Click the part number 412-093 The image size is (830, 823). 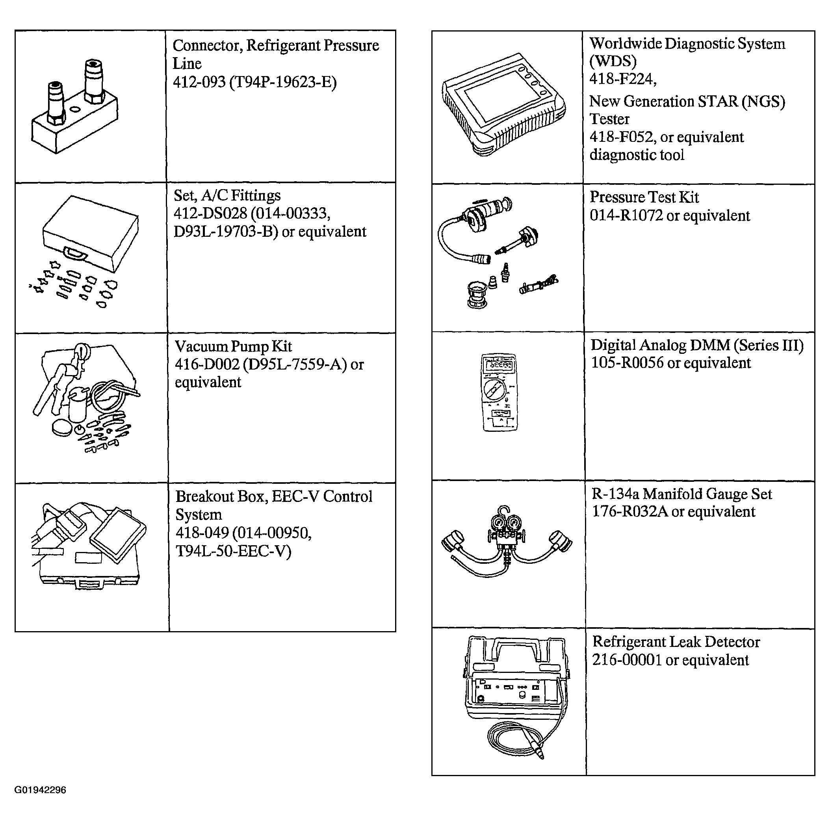199,82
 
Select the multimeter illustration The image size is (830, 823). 499,392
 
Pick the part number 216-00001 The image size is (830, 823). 627,660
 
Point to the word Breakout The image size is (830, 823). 205,496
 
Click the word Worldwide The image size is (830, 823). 625,43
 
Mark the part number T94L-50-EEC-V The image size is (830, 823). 233,551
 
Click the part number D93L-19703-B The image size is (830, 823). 226,232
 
